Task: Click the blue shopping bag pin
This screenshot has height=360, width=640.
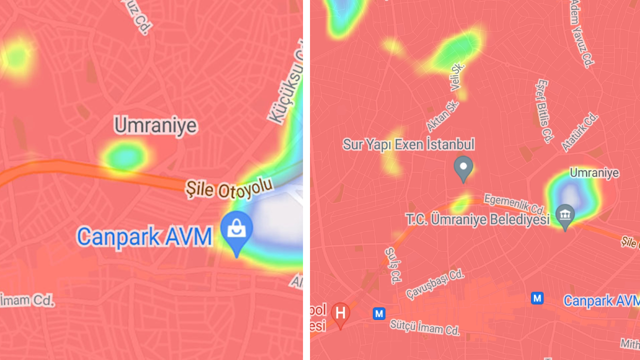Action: (x=236, y=231)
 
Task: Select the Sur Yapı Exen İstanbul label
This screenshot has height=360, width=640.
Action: (x=408, y=145)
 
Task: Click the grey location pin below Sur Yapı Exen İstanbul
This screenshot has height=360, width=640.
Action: (x=463, y=168)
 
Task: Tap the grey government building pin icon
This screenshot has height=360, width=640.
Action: (x=565, y=215)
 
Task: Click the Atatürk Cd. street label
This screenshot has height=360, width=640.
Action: (x=580, y=131)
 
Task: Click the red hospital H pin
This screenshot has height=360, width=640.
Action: (x=340, y=313)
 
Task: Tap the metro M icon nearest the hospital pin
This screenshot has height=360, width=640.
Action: (x=379, y=313)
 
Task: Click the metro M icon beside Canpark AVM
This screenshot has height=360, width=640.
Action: (x=537, y=298)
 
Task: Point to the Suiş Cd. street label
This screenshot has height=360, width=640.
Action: (x=393, y=265)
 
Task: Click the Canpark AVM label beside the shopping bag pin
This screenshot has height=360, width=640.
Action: (x=145, y=236)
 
